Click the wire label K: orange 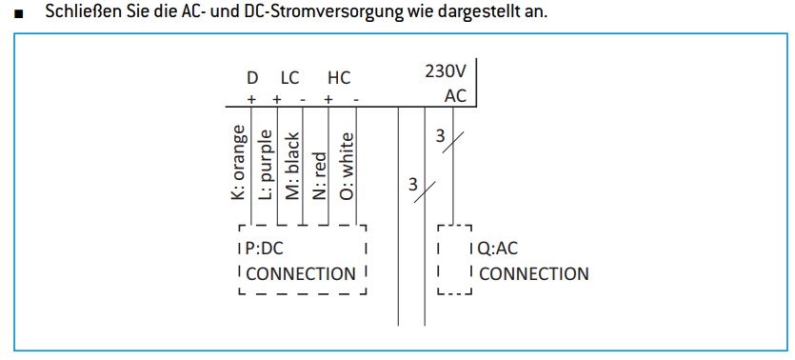point(239,162)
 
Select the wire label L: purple point(266,166)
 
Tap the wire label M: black point(292,167)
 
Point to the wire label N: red point(319,176)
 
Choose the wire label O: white point(346,167)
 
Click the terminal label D point(252,78)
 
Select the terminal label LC point(290,78)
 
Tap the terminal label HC point(339,78)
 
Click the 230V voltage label point(446,71)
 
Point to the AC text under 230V point(455,95)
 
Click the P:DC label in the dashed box point(265,249)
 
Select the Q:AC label point(498,249)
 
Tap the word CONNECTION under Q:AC point(534,273)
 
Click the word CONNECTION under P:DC point(301,273)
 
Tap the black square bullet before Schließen point(19,14)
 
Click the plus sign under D point(250,99)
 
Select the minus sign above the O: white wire point(356,99)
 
